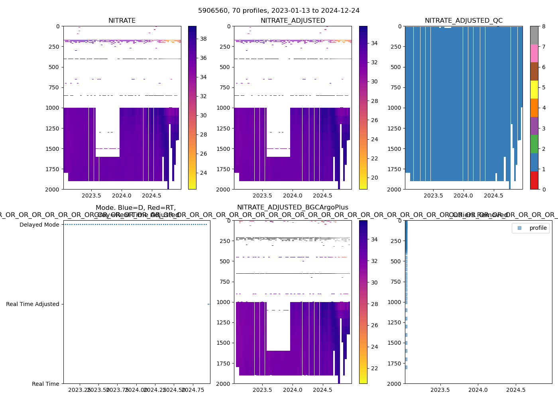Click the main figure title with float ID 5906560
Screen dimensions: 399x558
point(279,11)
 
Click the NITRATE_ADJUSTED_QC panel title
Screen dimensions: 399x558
point(464,21)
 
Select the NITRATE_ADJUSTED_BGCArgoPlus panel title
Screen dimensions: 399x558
point(293,207)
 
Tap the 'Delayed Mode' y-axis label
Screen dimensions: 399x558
point(39,225)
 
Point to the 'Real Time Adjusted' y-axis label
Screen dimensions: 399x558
point(32,304)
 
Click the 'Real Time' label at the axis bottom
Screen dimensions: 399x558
point(45,384)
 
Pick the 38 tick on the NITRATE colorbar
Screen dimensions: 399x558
point(203,39)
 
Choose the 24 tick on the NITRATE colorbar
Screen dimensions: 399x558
point(203,173)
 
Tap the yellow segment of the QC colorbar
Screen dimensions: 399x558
point(534,89)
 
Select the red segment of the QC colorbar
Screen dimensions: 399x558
point(534,180)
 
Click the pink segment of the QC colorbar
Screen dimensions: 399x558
point(534,53)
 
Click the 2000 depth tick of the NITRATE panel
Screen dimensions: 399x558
point(53,189)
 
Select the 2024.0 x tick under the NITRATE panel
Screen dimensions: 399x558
point(122,196)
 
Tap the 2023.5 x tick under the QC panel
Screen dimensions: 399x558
point(433,196)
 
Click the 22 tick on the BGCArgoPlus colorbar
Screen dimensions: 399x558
point(374,368)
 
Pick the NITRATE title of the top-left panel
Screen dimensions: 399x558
point(122,21)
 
